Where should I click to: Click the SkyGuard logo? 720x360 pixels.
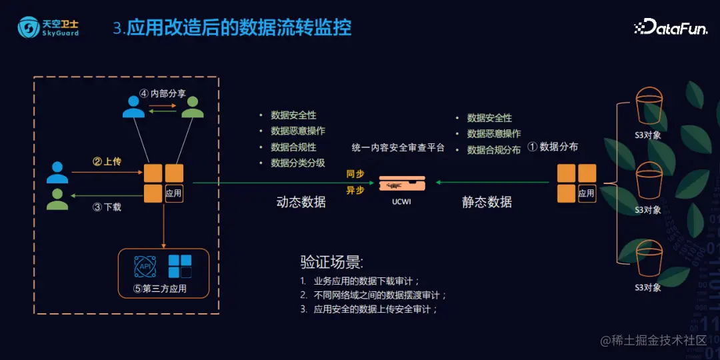pos(48,27)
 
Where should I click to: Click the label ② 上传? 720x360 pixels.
pos(107,162)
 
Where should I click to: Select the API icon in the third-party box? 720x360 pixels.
pos(145,266)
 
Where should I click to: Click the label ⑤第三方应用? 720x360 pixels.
pos(160,289)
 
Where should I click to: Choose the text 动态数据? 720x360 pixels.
pos(301,201)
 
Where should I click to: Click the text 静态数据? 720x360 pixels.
pos(487,201)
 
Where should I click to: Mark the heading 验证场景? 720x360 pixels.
pos(332,261)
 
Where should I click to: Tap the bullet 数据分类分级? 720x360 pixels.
pos(297,163)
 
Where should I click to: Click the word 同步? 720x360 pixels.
pos(355,174)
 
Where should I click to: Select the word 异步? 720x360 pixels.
pos(355,190)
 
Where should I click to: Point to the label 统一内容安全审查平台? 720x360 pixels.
pos(397,147)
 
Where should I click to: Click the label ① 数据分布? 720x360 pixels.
pos(553,147)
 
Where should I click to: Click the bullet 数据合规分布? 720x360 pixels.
pos(493,150)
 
